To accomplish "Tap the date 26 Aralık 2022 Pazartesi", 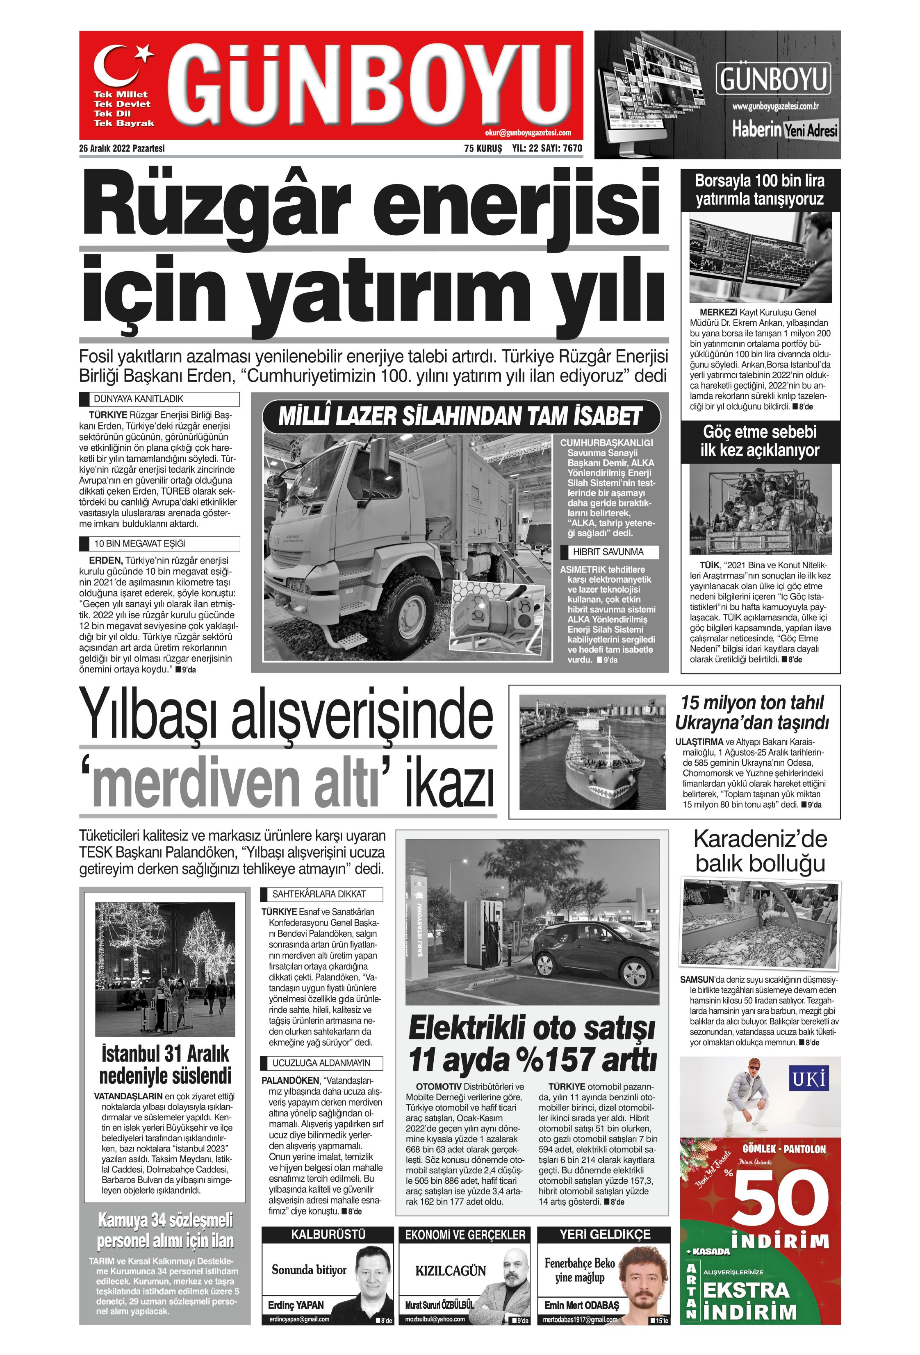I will point(122,148).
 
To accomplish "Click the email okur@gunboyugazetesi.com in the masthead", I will point(527,133).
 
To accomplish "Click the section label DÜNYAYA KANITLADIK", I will point(139,399).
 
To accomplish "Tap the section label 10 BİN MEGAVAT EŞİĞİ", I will point(140,543).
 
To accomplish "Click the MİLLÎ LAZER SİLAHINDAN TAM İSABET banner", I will point(460,416).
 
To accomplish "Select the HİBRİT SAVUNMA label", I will point(608,552).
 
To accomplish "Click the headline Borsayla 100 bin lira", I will point(760,180).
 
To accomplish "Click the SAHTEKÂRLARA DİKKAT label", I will point(319,894).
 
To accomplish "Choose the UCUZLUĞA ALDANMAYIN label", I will point(321,1062).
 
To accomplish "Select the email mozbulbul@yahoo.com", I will point(435,1319).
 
